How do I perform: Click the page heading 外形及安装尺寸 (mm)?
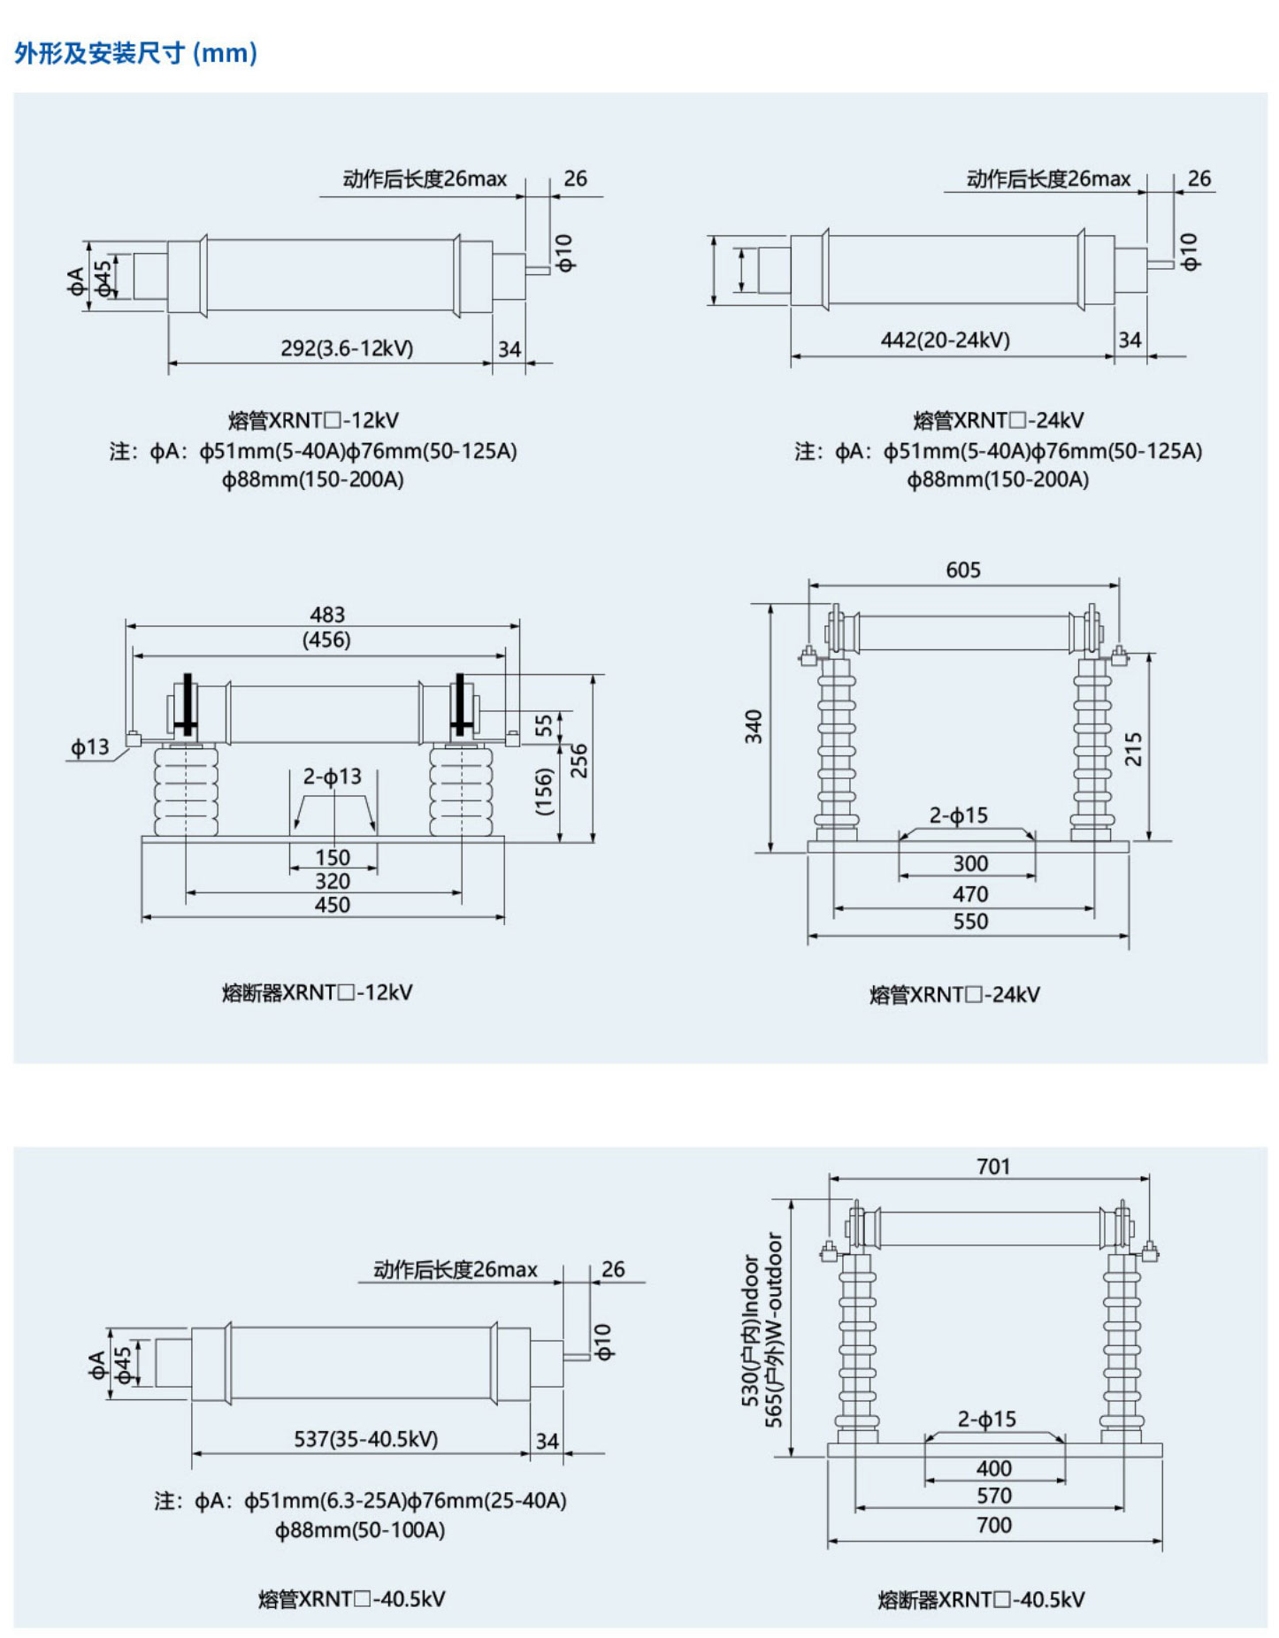[x=135, y=53]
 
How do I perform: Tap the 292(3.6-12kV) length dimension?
[x=347, y=348]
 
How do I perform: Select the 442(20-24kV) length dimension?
[x=945, y=341]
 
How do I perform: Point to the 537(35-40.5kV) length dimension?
[x=366, y=1439]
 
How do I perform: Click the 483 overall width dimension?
[x=327, y=615]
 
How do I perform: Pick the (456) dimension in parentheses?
[x=326, y=639]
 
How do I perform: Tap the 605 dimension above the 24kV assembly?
[x=962, y=570]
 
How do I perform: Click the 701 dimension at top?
[x=992, y=1167]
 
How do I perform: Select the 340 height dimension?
[x=754, y=726]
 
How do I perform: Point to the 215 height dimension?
[x=1133, y=748]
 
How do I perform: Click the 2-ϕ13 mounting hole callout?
[x=333, y=777]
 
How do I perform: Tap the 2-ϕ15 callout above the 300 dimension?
[x=958, y=815]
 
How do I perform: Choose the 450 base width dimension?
[x=333, y=905]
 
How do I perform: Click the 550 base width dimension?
[x=970, y=922]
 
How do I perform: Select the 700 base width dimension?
[x=993, y=1525]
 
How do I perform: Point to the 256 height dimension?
[x=579, y=761]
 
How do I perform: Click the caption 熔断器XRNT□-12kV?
[x=317, y=992]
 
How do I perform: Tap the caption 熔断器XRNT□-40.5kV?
[x=981, y=1599]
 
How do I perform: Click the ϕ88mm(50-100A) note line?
[x=359, y=1529]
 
